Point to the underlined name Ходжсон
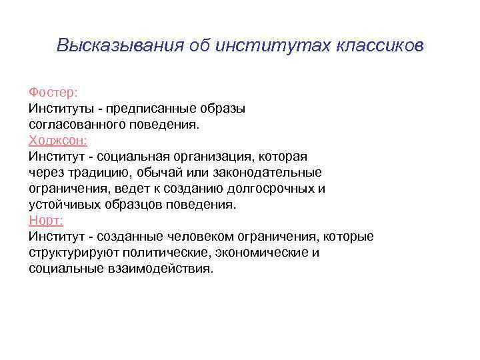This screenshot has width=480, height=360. (x=58, y=141)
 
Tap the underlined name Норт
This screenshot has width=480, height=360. (x=46, y=221)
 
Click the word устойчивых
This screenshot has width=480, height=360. (x=65, y=205)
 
